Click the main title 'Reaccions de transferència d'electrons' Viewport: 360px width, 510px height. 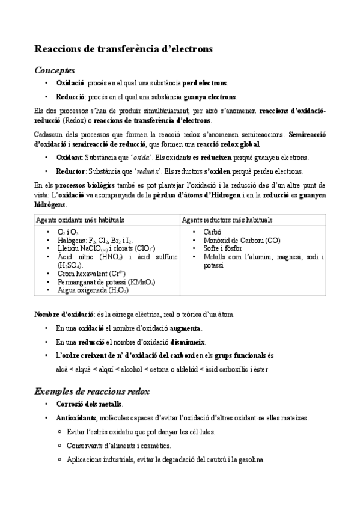(x=123, y=49)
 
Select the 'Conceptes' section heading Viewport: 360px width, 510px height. (x=55, y=70)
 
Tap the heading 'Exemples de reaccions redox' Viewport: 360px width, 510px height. (x=92, y=391)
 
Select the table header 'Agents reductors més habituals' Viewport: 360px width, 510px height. (x=227, y=220)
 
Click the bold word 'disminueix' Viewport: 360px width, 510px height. (x=188, y=342)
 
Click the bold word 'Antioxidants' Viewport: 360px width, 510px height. (x=76, y=417)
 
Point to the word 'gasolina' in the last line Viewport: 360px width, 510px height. (x=249, y=460)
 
